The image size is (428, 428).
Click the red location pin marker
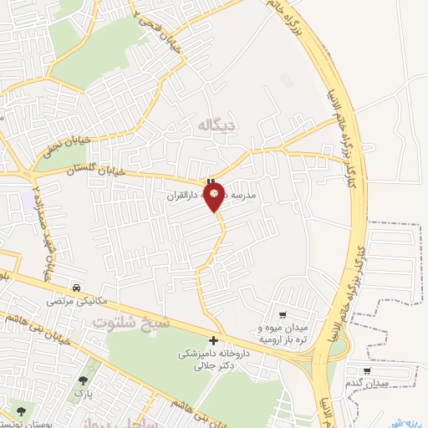[215, 196]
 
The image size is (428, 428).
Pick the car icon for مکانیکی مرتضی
[76, 286]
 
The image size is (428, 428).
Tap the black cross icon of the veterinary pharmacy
[214, 340]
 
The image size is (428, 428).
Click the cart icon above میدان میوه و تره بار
[283, 315]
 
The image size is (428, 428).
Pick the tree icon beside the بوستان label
[19, 410]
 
